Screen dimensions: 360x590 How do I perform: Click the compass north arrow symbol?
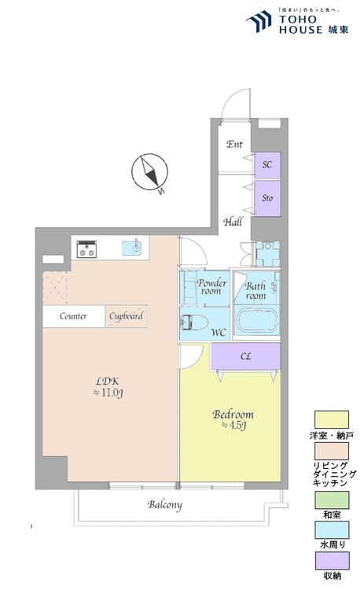pyautogui.click(x=150, y=171)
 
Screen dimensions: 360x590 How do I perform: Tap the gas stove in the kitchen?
pyautogui.click(x=86, y=249)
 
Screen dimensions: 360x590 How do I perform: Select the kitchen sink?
pyautogui.click(x=131, y=248)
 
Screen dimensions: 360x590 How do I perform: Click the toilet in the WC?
pyautogui.click(x=194, y=323)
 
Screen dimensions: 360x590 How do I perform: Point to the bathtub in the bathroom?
pyautogui.click(x=257, y=320)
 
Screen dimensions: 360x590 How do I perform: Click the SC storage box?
pyautogui.click(x=267, y=165)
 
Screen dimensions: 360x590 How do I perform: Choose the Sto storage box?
pyautogui.click(x=267, y=198)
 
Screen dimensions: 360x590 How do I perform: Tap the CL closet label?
pyautogui.click(x=246, y=356)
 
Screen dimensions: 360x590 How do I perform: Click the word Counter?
pyautogui.click(x=73, y=316)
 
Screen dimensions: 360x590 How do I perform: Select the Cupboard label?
pyautogui.click(x=126, y=316)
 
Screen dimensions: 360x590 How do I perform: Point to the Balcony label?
pyautogui.click(x=164, y=504)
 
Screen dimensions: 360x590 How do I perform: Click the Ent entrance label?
pyautogui.click(x=234, y=144)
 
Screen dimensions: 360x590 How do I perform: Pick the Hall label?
pyautogui.click(x=233, y=222)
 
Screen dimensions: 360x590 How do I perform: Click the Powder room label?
pyautogui.click(x=212, y=286)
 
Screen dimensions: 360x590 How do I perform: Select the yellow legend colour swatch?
pyautogui.click(x=332, y=419)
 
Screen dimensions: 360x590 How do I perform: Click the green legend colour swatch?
pyautogui.click(x=332, y=500)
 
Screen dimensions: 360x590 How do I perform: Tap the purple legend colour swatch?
pyautogui.click(x=332, y=561)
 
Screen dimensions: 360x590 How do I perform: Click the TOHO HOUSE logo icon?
pyautogui.click(x=259, y=21)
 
